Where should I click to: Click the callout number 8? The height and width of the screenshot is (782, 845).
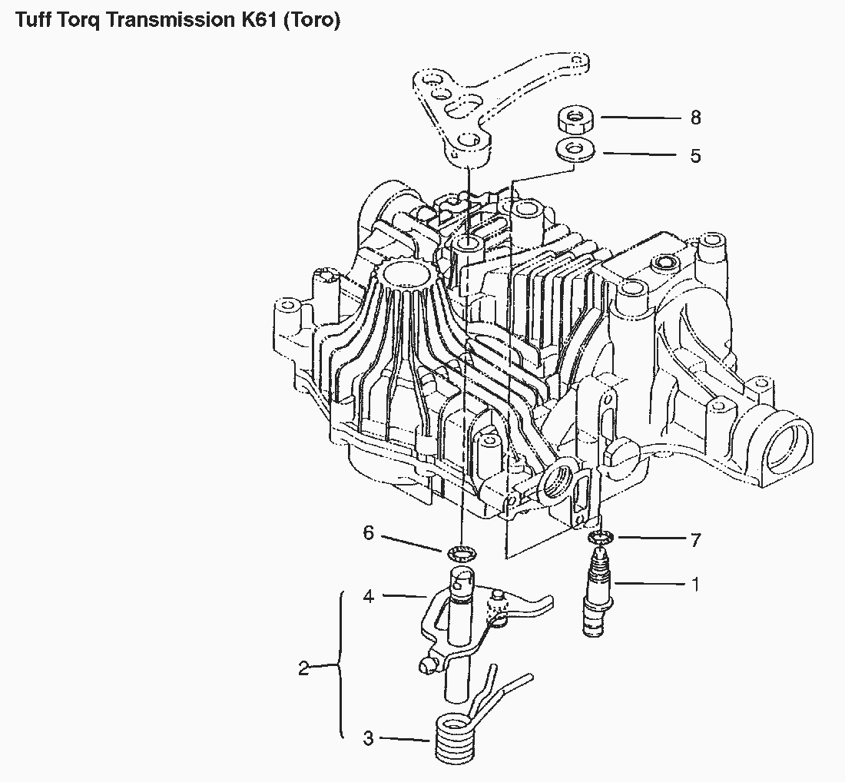click(695, 118)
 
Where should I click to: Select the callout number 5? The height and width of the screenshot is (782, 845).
click(695, 156)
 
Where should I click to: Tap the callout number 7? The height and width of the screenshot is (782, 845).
click(696, 540)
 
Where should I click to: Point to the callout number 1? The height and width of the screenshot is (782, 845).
click(696, 584)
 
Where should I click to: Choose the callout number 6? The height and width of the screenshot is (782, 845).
click(369, 532)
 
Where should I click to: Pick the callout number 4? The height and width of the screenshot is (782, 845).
click(369, 595)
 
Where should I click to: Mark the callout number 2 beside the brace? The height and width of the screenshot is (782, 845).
click(303, 668)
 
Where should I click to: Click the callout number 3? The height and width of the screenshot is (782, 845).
click(369, 738)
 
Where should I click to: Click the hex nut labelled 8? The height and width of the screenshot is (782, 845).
click(572, 119)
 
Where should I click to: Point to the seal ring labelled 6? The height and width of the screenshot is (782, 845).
click(460, 552)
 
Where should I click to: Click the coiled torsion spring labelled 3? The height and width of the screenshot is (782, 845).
click(455, 737)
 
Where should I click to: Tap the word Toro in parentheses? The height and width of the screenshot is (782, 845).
click(311, 20)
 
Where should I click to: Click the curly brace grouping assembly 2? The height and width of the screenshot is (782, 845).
click(340, 665)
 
